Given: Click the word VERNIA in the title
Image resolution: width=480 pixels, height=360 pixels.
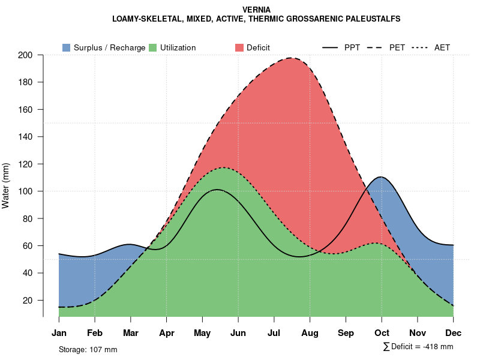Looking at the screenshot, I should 256,10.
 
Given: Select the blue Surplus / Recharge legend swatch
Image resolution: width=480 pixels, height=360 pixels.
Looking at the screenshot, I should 66,47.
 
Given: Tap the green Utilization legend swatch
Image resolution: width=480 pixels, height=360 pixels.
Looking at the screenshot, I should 153,47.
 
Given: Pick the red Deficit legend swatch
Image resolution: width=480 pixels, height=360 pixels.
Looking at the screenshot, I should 239,47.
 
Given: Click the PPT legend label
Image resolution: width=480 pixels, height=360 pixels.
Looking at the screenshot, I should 352,47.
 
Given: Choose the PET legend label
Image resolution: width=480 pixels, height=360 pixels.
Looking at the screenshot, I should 397,47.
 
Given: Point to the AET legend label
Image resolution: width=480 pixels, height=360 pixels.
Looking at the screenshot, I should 442,47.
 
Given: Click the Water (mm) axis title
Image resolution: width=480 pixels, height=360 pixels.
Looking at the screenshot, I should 6,185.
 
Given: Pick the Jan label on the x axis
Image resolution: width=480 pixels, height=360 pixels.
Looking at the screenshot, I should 59,333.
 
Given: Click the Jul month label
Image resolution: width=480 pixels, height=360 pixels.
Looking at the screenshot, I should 274,333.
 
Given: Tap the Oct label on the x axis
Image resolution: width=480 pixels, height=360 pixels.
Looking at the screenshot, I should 382,333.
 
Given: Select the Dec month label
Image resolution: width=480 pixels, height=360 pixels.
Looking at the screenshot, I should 454,333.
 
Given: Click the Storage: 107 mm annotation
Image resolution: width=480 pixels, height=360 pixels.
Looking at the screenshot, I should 88,349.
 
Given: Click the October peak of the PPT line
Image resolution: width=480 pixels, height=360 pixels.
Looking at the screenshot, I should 381,177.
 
